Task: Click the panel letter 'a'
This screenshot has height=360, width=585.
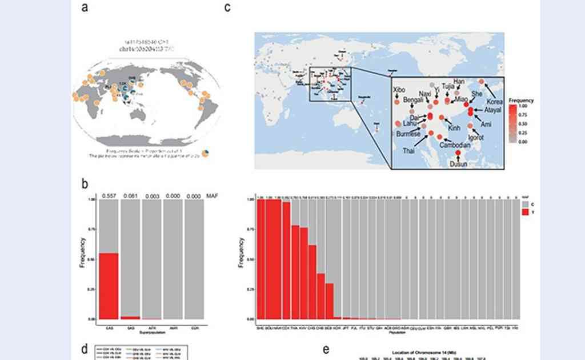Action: tap(85, 7)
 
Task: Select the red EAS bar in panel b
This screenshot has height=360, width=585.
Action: tap(109, 285)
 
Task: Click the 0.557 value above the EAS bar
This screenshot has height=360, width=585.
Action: tap(109, 196)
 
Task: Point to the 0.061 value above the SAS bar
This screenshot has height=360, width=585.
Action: tap(131, 196)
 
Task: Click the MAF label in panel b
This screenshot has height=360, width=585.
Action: tap(212, 196)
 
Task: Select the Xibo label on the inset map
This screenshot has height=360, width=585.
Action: tap(400, 90)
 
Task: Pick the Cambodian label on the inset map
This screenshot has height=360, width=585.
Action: tap(455, 146)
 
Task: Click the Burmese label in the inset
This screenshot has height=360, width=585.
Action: tap(408, 134)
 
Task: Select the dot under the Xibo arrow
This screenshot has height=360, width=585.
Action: tap(395, 102)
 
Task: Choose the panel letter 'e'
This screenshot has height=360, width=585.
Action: tap(327, 349)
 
